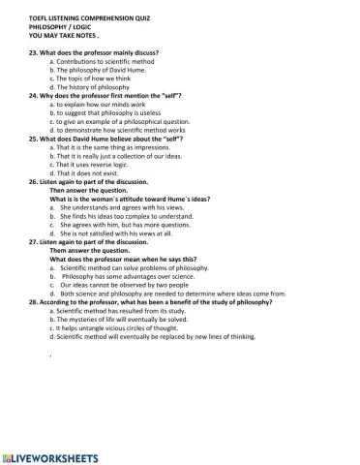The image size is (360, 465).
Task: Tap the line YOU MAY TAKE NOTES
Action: click(x=64, y=36)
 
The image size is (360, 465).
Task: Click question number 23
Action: click(x=36, y=53)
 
